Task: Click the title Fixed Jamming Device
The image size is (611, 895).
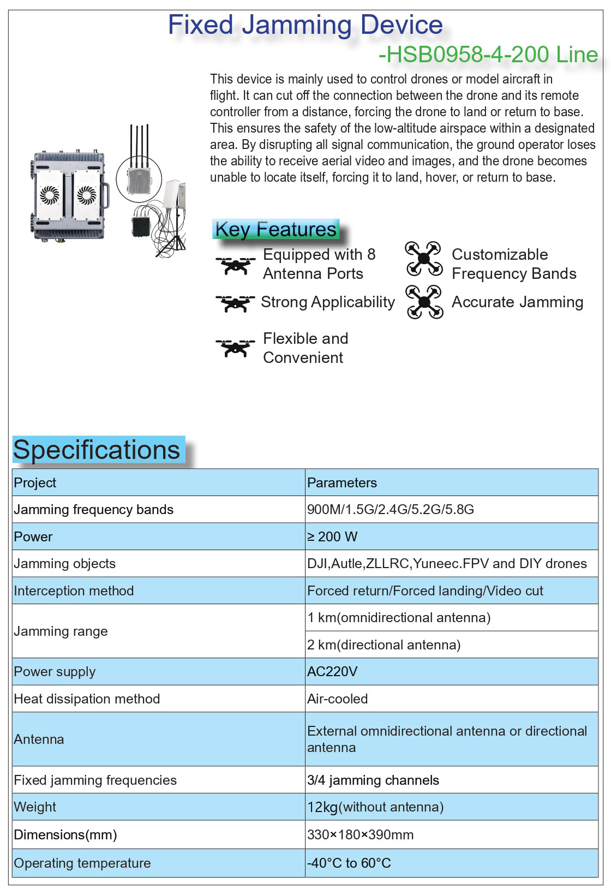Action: click(305, 25)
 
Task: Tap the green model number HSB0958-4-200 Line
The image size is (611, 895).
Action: click(488, 55)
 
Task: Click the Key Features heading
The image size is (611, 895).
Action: click(275, 229)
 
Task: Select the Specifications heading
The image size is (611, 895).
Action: click(97, 450)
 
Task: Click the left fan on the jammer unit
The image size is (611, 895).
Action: click(50, 195)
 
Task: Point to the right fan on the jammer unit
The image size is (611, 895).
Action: click(87, 195)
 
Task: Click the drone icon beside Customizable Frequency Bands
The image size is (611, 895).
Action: click(424, 258)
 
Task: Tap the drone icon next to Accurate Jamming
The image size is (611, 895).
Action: click(424, 302)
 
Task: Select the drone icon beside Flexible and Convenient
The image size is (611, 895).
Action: click(235, 348)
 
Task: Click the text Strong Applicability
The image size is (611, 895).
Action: click(327, 302)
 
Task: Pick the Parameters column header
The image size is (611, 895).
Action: click(342, 483)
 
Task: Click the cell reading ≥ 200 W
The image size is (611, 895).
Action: click(332, 537)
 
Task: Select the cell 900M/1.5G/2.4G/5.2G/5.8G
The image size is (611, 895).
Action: click(390, 510)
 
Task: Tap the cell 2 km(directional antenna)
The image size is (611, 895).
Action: click(384, 645)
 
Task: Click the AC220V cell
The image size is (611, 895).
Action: click(332, 672)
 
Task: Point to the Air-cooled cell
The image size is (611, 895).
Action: click(337, 699)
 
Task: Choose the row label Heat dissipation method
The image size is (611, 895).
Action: click(87, 699)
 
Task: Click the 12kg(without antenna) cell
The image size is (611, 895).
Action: click(375, 807)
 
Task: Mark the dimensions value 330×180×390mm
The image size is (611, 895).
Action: click(360, 835)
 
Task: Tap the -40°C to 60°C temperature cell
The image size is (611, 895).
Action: click(349, 863)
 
